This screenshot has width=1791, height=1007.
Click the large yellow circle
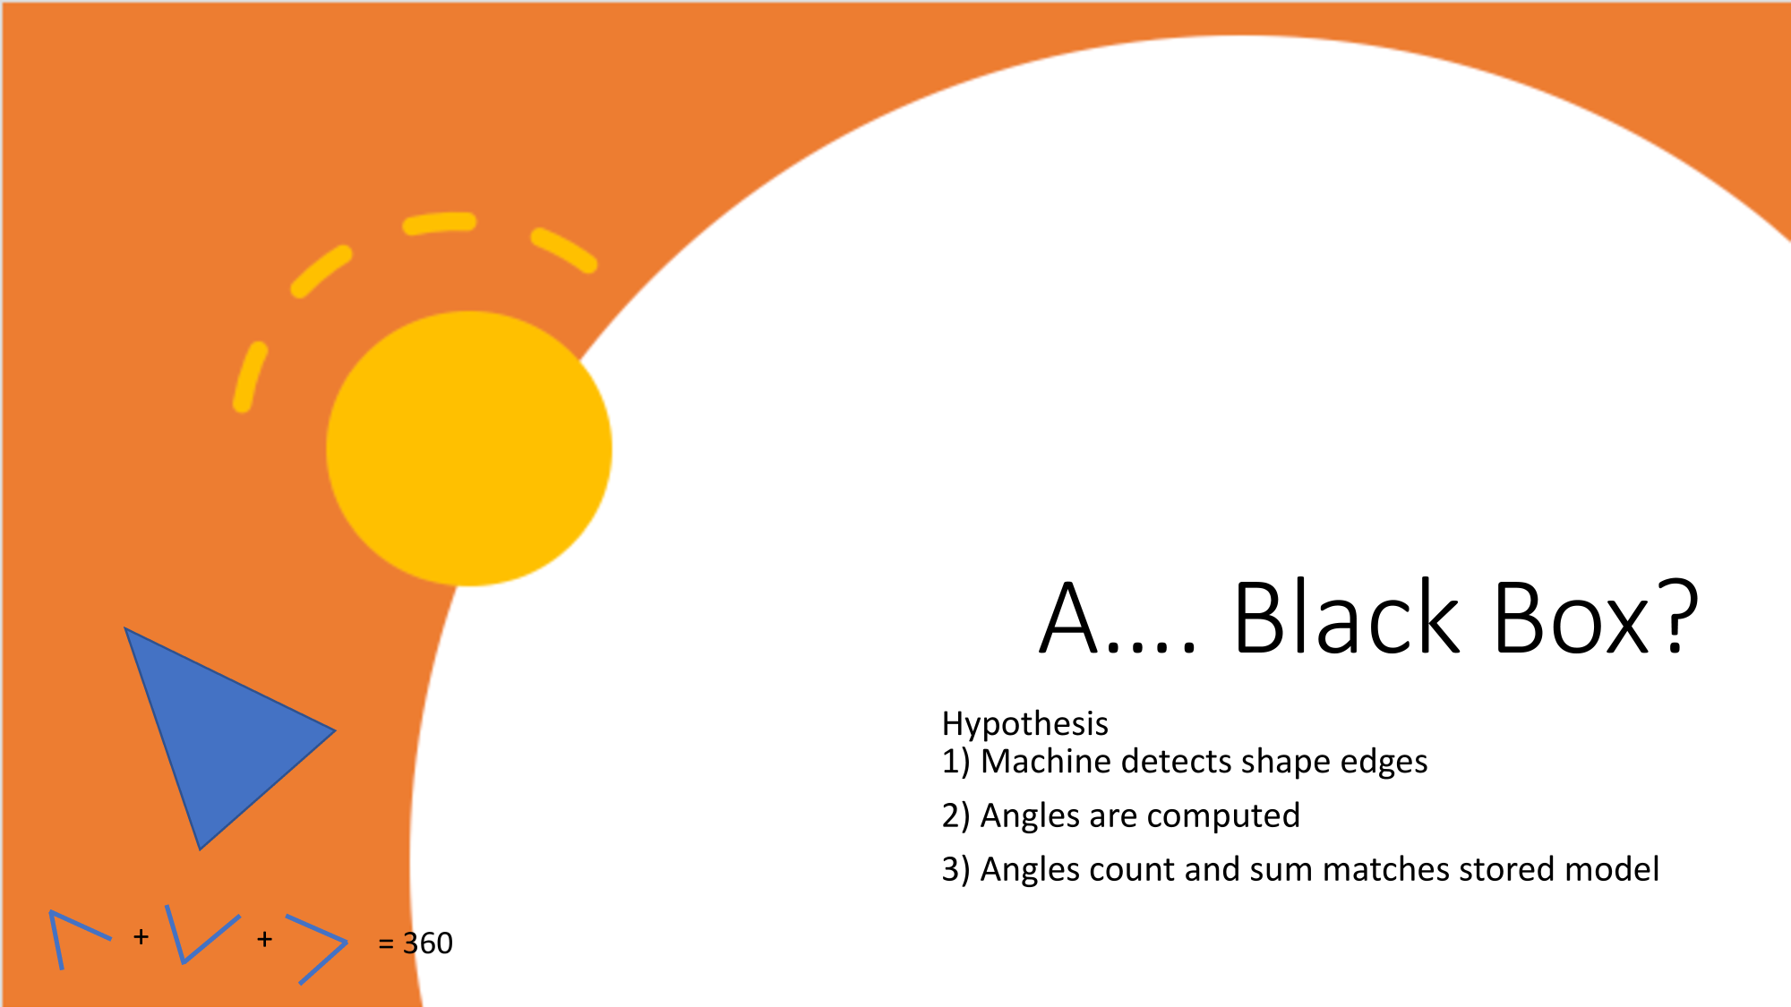tap(468, 448)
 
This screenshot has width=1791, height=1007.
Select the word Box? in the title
tap(1596, 619)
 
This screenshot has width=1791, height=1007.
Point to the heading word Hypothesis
tap(1024, 723)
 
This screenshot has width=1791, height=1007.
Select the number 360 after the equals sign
tap(428, 943)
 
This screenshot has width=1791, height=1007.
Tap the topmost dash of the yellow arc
tap(440, 223)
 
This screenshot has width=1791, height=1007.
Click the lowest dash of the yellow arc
tap(250, 377)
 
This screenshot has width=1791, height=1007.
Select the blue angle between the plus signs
tap(201, 935)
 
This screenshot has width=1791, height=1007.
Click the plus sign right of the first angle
tap(141, 937)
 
